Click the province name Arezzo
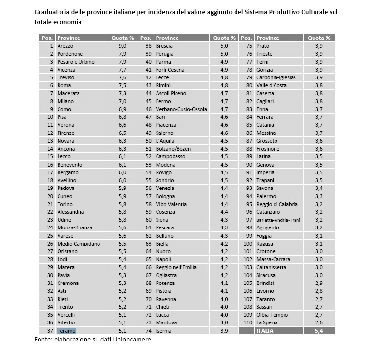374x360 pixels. click(65, 46)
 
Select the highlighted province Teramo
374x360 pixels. click(66, 331)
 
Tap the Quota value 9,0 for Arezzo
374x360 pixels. click(123, 46)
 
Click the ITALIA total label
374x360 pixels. click(266, 331)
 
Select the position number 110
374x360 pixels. click(248, 322)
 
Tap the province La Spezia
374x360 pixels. click(267, 322)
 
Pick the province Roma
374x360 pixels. click(64, 85)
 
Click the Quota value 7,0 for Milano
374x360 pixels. click(123, 101)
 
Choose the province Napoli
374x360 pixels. click(163, 260)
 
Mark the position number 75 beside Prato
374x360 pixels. click(248, 46)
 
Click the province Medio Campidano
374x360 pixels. click(79, 244)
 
